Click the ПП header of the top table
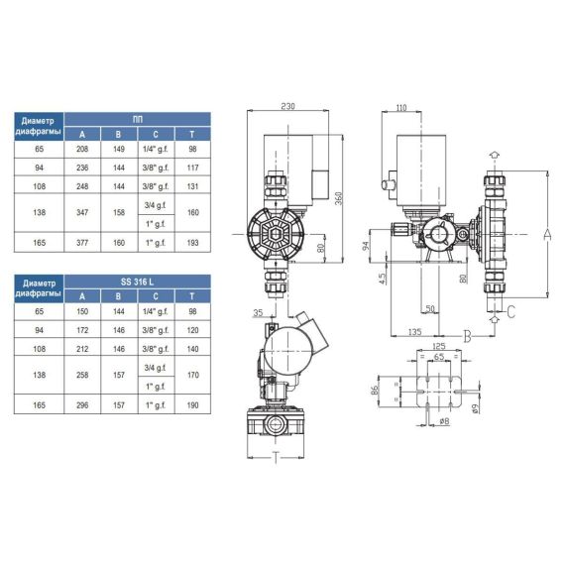[x=138, y=119]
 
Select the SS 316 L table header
[x=138, y=282]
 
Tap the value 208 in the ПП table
[x=82, y=149]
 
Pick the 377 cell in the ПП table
[x=82, y=243]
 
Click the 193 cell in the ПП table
[x=192, y=243]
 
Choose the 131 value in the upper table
[x=192, y=186]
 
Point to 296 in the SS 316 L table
[x=82, y=405]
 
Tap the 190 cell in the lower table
[x=192, y=405]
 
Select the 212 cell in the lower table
[x=82, y=349]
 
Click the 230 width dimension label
[x=287, y=106]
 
